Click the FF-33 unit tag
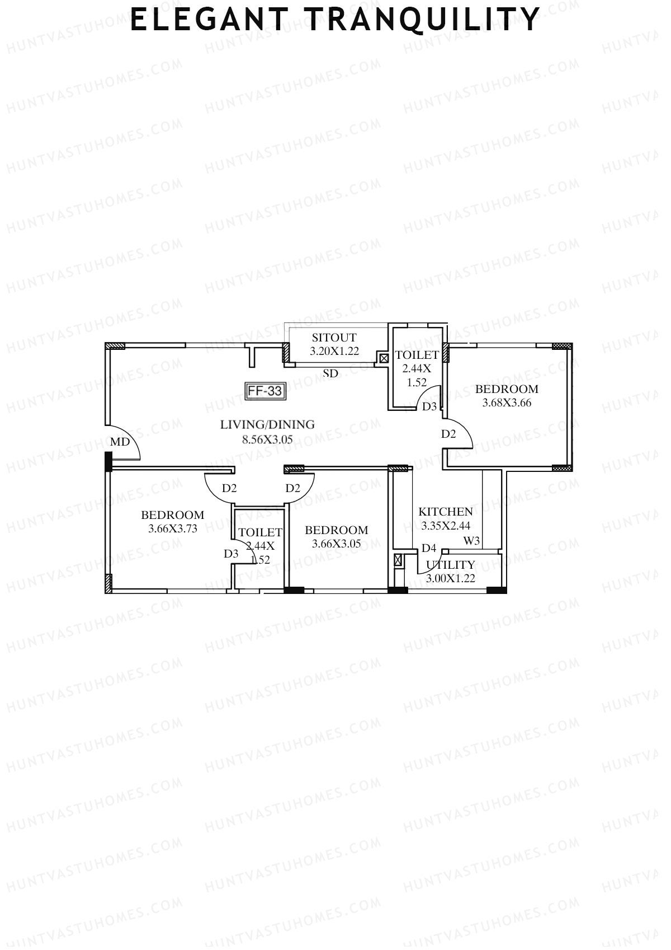[x=266, y=391]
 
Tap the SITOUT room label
[x=334, y=338]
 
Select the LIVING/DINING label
[x=267, y=424]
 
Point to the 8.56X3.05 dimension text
[x=267, y=439]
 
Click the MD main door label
[x=120, y=442]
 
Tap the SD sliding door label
[x=330, y=373]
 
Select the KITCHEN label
[x=446, y=512]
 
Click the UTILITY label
[x=451, y=565]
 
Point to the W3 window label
[x=471, y=541]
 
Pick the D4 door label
[x=429, y=548]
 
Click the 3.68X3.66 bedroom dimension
[x=507, y=403]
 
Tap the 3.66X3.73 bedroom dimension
[x=172, y=528]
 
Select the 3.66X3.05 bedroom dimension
[x=336, y=544]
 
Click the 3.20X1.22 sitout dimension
[x=334, y=352]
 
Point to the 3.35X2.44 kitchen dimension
[x=446, y=526]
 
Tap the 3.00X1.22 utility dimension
[x=451, y=579]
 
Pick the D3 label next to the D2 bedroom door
[x=429, y=406]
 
